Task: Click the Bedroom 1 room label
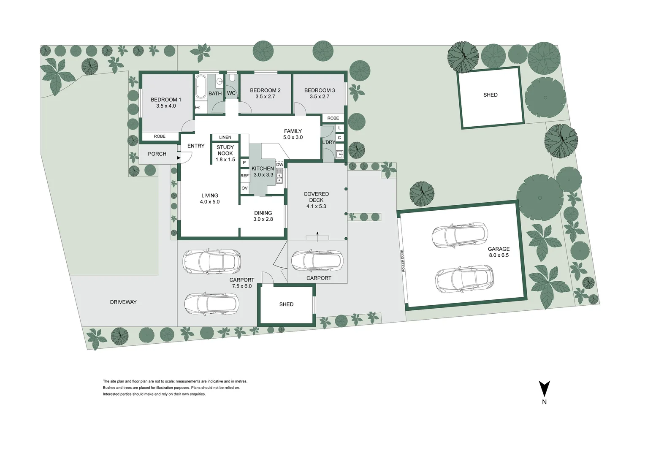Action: pyautogui.click(x=166, y=100)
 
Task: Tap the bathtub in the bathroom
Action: pyautogui.click(x=201, y=87)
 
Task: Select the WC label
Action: pyautogui.click(x=231, y=93)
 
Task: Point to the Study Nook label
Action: pyautogui.click(x=225, y=150)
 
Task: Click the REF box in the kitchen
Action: pyautogui.click(x=244, y=176)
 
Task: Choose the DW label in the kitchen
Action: pyautogui.click(x=279, y=165)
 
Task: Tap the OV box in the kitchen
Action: pyautogui.click(x=244, y=188)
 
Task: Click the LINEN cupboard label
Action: pyautogui.click(x=225, y=137)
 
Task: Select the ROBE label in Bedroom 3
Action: pyautogui.click(x=333, y=118)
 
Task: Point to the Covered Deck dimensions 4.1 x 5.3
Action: pyautogui.click(x=316, y=206)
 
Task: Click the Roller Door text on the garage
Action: pyautogui.click(x=403, y=261)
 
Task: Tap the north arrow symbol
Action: pyautogui.click(x=544, y=388)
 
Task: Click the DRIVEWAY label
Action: pyautogui.click(x=123, y=302)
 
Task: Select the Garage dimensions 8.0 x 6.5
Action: pyautogui.click(x=499, y=255)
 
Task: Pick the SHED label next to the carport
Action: pyautogui.click(x=286, y=304)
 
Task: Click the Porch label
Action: pyautogui.click(x=157, y=154)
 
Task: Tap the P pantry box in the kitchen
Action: pyautogui.click(x=244, y=163)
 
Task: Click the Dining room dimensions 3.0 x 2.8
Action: pyautogui.click(x=263, y=219)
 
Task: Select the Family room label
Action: pyautogui.click(x=293, y=131)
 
